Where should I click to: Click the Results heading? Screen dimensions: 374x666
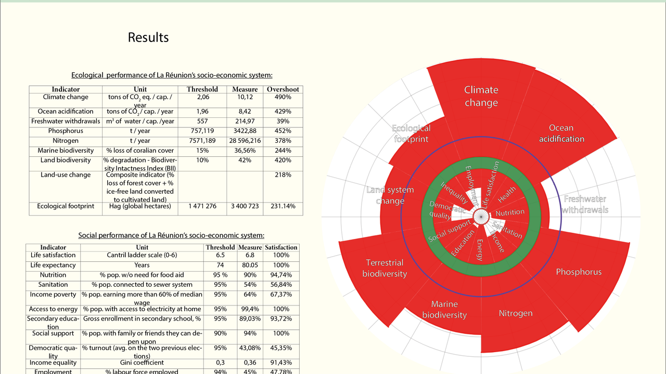[148, 37]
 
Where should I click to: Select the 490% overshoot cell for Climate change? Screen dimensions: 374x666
[283, 97]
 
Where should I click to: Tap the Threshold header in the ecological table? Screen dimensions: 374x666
[202, 89]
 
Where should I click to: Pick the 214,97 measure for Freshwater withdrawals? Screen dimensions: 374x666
[245, 121]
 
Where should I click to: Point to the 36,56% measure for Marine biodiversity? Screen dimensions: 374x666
[245, 151]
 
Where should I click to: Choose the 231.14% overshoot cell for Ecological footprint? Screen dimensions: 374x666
[283, 206]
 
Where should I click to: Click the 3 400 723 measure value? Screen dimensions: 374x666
[245, 206]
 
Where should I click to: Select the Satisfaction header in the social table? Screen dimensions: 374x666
[281, 247]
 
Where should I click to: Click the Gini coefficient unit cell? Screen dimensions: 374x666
[142, 363]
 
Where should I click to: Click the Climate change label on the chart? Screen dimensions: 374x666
[481, 96]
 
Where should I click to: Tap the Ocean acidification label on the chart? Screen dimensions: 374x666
[561, 133]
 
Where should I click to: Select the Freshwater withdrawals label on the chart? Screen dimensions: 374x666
[585, 205]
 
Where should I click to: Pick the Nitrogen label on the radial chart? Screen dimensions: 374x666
[516, 313]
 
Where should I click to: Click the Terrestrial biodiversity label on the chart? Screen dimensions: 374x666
[385, 268]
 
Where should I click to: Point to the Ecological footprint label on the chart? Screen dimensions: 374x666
[411, 133]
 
